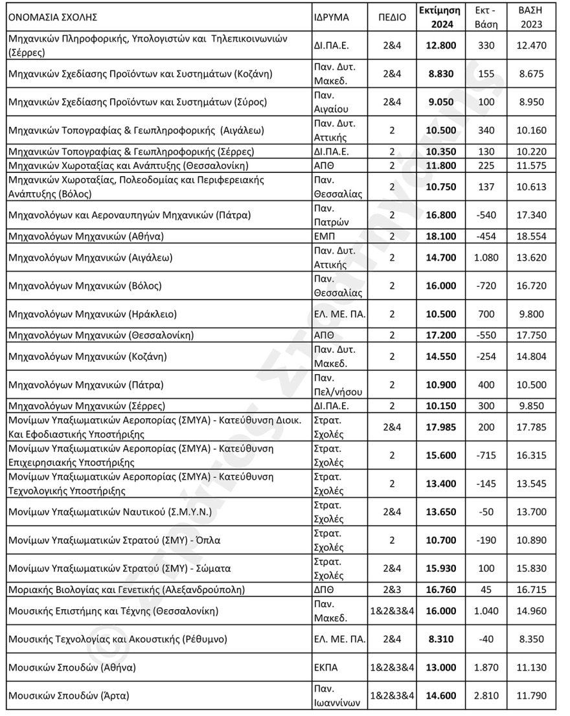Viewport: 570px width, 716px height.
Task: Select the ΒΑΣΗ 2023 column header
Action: click(x=530, y=17)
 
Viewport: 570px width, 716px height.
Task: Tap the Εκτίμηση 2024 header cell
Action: click(x=439, y=17)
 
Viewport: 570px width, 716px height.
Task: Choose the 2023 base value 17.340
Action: click(x=530, y=214)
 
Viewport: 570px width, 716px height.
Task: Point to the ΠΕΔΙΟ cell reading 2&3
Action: click(x=392, y=590)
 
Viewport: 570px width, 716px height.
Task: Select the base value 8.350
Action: click(x=530, y=638)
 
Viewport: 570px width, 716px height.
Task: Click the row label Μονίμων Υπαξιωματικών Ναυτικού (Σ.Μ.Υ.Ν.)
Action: click(x=100, y=511)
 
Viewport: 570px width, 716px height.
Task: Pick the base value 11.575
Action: click(x=530, y=165)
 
